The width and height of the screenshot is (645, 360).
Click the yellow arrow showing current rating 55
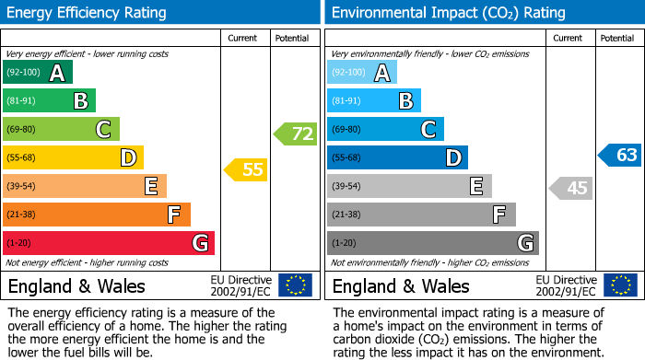pos(246,169)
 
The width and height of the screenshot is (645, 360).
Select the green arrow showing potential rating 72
pos(295,134)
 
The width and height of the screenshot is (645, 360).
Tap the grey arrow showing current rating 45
pos(570,189)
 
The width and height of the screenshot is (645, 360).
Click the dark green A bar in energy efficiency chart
pos(38,73)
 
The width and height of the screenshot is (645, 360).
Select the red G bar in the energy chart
pos(109,243)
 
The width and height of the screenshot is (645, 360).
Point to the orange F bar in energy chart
pos(97,215)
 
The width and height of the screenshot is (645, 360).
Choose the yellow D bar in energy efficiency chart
pos(73,158)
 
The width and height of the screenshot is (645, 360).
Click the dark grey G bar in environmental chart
pos(432,243)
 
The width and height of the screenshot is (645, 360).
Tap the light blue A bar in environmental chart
pos(362,73)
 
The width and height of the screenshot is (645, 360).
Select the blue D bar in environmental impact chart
pos(397,158)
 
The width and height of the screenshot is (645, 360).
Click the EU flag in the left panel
pos(295,285)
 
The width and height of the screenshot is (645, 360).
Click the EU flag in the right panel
pos(619,285)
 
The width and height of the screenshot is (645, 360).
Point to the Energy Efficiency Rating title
pos(88,13)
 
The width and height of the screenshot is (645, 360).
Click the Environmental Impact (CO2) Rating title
pos(448,13)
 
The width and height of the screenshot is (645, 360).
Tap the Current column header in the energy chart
pos(244,38)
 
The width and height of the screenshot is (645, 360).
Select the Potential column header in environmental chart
pos(617,38)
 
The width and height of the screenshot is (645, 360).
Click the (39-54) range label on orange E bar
pos(22,187)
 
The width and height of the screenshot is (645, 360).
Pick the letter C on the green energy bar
pos(105,130)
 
